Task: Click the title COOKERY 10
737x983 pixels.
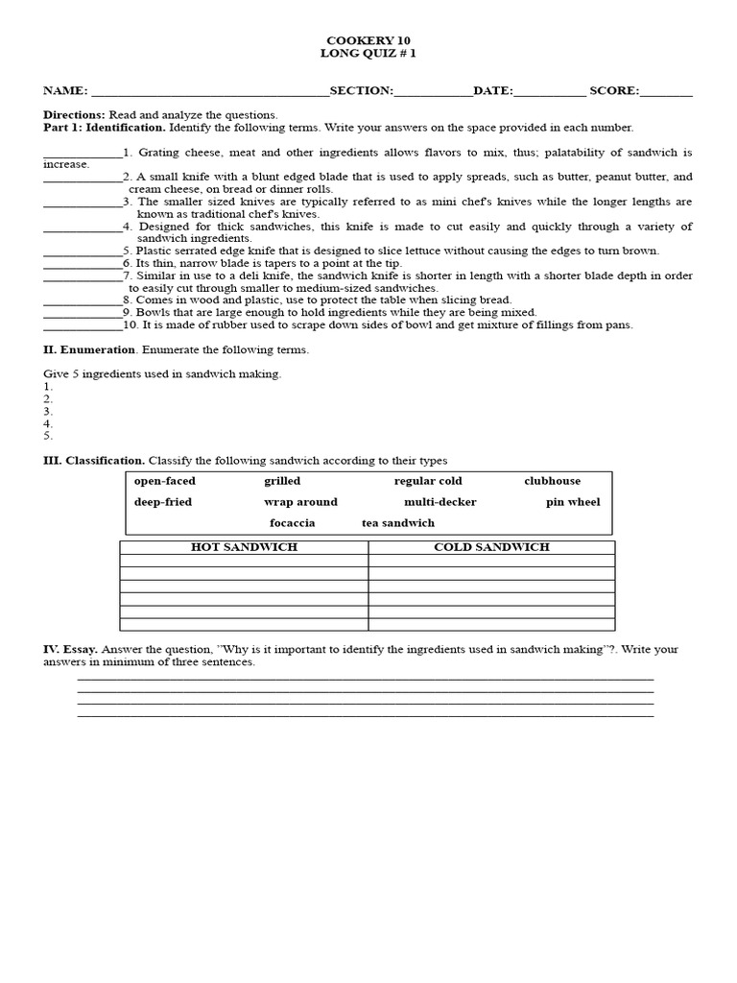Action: [368, 40]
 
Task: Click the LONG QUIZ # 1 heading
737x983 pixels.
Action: [368, 53]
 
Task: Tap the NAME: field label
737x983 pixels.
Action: [65, 91]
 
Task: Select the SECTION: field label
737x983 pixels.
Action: [361, 91]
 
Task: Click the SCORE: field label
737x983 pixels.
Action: [614, 91]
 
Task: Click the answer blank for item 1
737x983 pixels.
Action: [83, 154]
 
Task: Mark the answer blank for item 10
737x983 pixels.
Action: [83, 324]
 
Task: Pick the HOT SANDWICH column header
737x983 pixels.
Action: [244, 547]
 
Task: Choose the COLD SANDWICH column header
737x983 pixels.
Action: [491, 547]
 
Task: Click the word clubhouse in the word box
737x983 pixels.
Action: [552, 481]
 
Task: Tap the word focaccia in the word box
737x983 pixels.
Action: [292, 523]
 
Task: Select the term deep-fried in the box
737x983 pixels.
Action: [163, 502]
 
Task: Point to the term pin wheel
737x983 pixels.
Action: [573, 502]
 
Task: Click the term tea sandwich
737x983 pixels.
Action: [397, 523]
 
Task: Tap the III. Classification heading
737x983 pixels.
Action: [94, 461]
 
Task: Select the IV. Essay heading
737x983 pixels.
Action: [70, 650]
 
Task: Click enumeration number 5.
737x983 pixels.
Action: [48, 436]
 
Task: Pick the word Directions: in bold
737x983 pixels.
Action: [74, 115]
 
